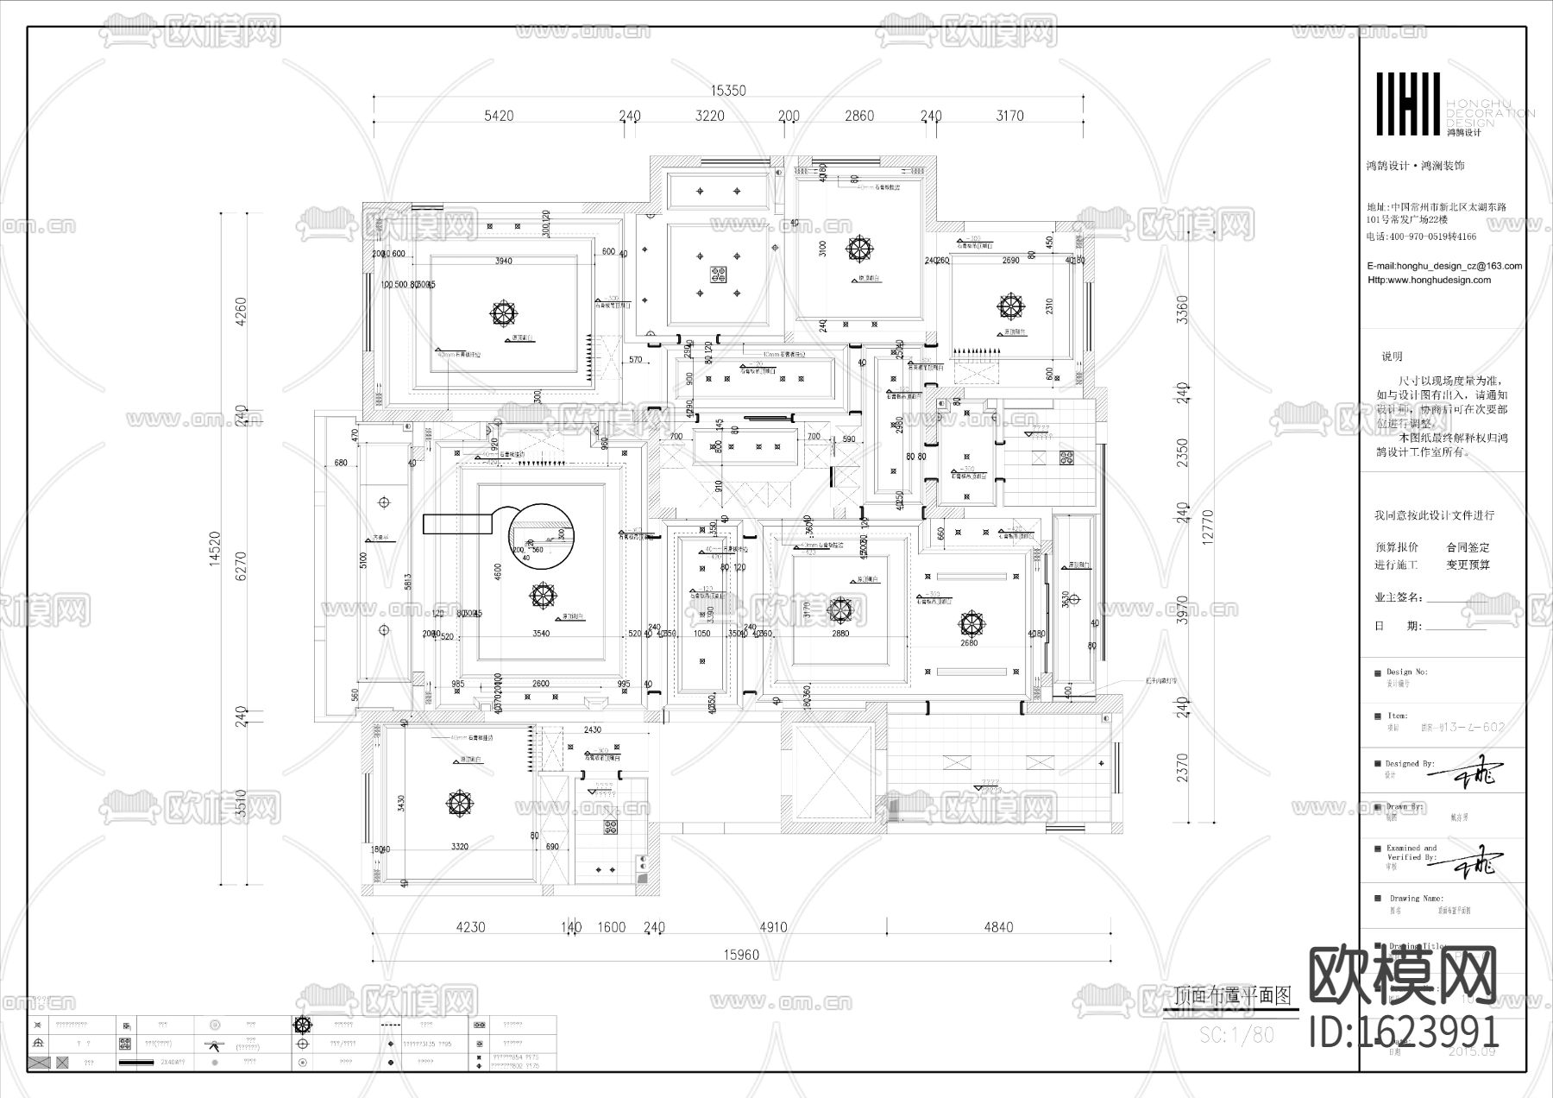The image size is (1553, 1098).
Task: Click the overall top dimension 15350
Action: (727, 90)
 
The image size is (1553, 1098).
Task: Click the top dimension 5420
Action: (499, 116)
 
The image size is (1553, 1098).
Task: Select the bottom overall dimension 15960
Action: (741, 955)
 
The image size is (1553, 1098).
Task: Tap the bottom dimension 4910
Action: (772, 927)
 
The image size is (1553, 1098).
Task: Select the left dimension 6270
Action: (241, 565)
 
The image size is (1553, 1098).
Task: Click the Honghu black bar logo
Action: (1407, 104)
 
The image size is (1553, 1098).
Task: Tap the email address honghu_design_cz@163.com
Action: (1445, 266)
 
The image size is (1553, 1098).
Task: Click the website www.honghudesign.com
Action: (1430, 280)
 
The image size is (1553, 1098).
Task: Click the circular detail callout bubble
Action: (541, 534)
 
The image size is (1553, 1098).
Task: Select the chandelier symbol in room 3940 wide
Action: (501, 313)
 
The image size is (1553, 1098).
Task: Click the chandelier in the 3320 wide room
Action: (460, 804)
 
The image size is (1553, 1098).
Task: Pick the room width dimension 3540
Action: (540, 634)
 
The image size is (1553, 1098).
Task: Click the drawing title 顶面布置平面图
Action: (1234, 995)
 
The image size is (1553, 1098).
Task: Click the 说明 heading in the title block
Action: (1392, 357)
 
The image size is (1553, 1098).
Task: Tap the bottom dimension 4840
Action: (997, 927)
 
